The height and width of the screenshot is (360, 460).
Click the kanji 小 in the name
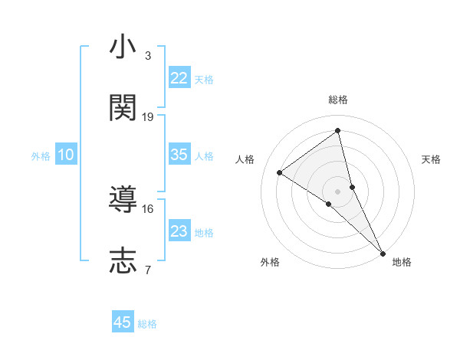tap(123, 48)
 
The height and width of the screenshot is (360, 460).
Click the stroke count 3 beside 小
tap(148, 56)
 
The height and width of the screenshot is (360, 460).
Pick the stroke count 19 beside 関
tap(148, 116)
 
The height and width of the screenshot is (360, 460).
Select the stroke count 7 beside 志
tap(148, 269)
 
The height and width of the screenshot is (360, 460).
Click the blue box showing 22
tap(179, 78)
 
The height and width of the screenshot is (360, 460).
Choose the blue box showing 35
tap(179, 155)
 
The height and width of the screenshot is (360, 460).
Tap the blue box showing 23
tap(179, 231)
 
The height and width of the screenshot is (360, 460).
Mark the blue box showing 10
tap(66, 155)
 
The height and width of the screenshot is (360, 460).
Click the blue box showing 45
tap(123, 322)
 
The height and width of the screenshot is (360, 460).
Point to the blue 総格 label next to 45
tap(147, 324)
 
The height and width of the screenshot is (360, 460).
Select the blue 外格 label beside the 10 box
tap(41, 156)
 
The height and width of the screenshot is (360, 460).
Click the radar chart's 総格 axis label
tap(338, 100)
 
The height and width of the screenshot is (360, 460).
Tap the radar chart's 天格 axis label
tap(431, 159)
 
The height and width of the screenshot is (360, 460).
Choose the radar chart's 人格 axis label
tap(245, 159)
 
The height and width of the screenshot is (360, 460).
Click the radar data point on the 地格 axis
tap(383, 252)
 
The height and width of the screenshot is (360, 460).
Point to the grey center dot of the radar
tap(338, 191)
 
